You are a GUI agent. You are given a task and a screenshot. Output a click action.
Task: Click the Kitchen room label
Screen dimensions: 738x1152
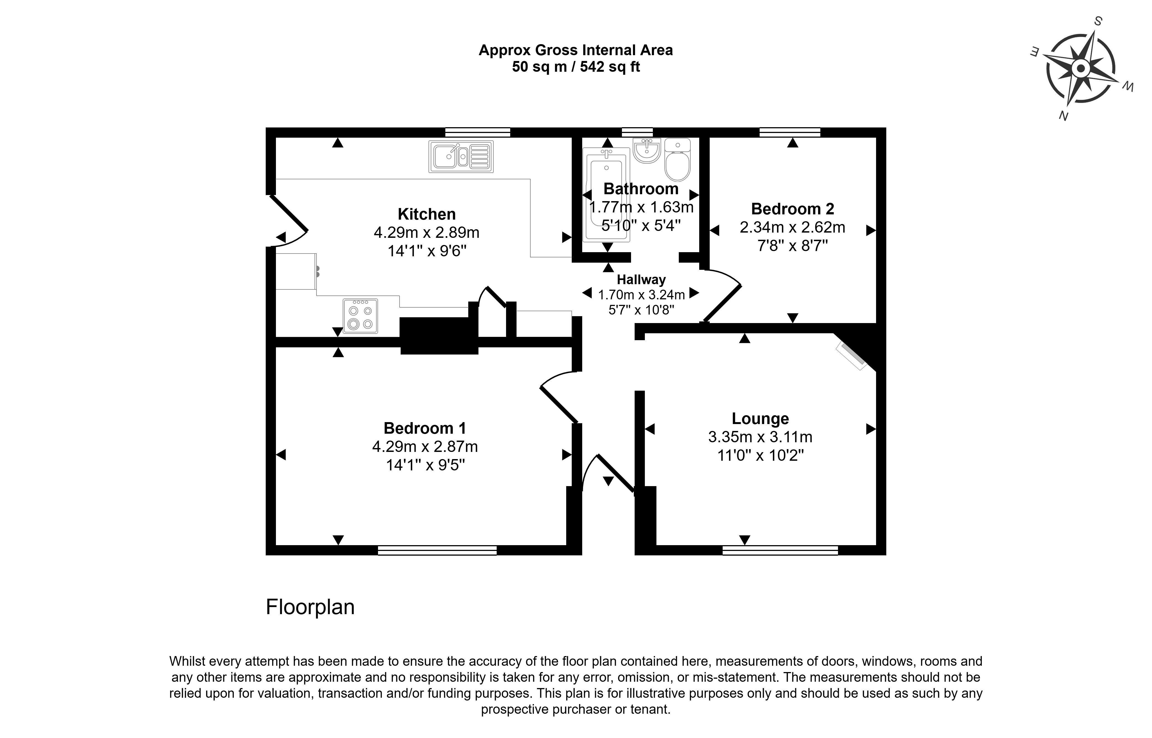427,214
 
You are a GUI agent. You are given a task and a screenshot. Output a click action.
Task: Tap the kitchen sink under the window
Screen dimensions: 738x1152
461,157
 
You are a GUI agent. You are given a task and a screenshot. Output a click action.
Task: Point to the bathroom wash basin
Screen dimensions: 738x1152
646,150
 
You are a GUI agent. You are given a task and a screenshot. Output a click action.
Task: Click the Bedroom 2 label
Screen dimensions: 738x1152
792,209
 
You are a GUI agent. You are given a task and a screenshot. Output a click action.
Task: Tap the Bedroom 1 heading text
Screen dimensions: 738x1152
425,428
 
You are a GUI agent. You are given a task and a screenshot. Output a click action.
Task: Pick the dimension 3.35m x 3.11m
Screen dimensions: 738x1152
760,437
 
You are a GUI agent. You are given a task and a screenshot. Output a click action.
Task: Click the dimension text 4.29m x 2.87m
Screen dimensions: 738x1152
425,447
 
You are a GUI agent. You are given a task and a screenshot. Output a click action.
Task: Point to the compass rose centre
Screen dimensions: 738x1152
1080,68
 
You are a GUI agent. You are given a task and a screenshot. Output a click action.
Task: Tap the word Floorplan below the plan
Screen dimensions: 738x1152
310,607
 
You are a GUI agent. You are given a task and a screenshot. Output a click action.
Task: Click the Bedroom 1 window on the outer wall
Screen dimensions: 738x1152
437,550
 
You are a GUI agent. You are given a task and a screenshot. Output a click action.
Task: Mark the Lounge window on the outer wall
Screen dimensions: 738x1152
780,550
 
